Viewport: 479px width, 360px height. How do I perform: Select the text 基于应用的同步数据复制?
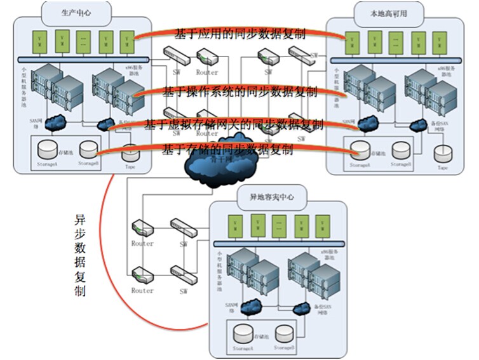click(240, 34)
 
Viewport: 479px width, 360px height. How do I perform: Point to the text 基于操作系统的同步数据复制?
click(240, 91)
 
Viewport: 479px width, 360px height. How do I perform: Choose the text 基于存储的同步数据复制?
click(228, 150)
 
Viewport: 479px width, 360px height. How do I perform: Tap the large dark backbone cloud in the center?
click(209, 168)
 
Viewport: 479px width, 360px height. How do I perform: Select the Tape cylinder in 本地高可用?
click(443, 153)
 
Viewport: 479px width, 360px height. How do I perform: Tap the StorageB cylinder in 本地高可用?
click(400, 150)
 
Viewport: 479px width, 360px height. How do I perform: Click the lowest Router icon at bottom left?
click(141, 276)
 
